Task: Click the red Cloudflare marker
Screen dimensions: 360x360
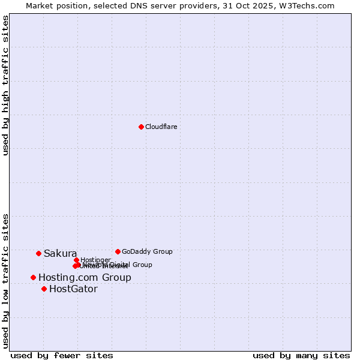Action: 141,127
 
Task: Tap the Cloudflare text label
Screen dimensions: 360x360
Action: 161,127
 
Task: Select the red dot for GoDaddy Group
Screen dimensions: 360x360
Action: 118,251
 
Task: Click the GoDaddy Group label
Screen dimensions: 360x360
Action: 147,251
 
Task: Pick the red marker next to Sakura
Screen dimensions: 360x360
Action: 38,253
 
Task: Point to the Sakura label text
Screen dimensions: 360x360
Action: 60,254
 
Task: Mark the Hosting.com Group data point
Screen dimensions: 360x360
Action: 33,277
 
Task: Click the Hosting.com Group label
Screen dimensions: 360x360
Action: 85,277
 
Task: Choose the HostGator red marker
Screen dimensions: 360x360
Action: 44,289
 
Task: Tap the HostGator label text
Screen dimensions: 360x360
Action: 73,289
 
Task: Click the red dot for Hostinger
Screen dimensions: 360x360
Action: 76,260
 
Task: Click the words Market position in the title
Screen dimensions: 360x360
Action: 53,5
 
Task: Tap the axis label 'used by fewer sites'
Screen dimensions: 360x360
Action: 62,355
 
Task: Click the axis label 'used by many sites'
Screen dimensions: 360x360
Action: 301,355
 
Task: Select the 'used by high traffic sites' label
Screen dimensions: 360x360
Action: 5,85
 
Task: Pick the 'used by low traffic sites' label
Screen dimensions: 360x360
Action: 5,280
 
